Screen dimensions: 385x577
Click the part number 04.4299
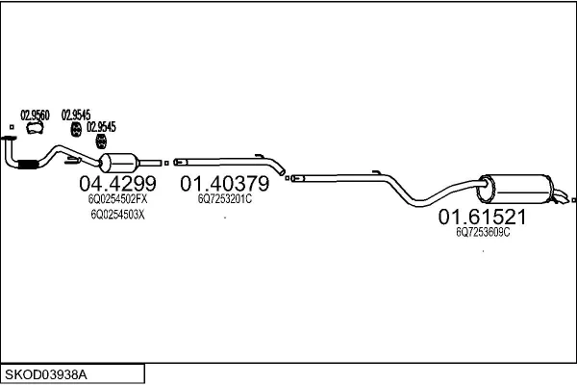pyautogui.click(x=113, y=184)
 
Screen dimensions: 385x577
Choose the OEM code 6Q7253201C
pyautogui.click(x=224, y=200)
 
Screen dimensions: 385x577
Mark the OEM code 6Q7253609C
pyautogui.click(x=483, y=232)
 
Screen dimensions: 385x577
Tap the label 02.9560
pyautogui.click(x=36, y=114)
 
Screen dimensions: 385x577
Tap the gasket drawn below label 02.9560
pyautogui.click(x=36, y=128)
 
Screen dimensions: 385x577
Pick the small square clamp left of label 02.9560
pyautogui.click(x=11, y=126)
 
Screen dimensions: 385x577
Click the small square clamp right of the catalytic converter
pyautogui.click(x=165, y=164)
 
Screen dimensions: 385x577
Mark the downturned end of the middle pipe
pyautogui.click(x=282, y=172)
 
